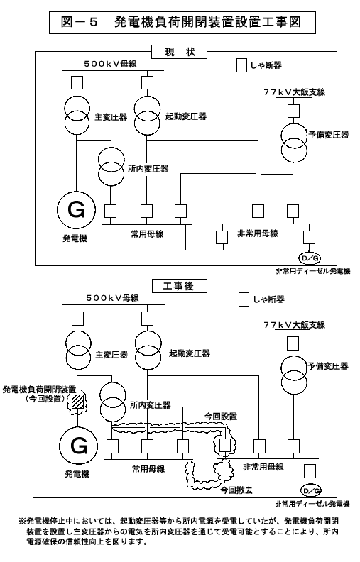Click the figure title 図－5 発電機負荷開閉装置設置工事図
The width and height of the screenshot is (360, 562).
pyautogui.click(x=182, y=23)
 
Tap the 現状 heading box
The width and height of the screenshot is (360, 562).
pyautogui.click(x=179, y=52)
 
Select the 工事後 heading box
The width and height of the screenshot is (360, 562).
pyautogui.click(x=179, y=286)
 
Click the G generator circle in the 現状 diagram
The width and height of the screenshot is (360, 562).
pyautogui.click(x=77, y=209)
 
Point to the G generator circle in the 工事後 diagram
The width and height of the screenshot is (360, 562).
pyautogui.click(x=79, y=446)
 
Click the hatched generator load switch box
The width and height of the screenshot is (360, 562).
pyautogui.click(x=78, y=402)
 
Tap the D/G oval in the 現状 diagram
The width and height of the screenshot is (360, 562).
pyautogui.click(x=310, y=258)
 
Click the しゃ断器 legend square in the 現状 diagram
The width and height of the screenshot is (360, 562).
pyautogui.click(x=241, y=65)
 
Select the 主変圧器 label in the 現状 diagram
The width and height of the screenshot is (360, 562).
pyautogui.click(x=111, y=117)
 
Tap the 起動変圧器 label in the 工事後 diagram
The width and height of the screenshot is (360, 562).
pyautogui.click(x=190, y=353)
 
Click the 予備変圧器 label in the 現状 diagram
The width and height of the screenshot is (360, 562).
pyautogui.click(x=329, y=135)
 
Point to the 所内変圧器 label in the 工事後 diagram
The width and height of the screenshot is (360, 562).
pyautogui.click(x=151, y=405)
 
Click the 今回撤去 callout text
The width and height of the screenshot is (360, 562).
pyautogui.click(x=236, y=490)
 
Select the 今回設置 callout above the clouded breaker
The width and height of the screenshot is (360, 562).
pyautogui.click(x=221, y=417)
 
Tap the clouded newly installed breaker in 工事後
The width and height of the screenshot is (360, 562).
pyautogui.click(x=225, y=445)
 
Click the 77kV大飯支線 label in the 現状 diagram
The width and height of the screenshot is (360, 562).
pyautogui.click(x=295, y=92)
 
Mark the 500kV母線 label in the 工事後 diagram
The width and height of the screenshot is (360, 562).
pyautogui.click(x=112, y=298)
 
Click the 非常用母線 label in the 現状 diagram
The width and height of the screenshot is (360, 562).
pyautogui.click(x=258, y=233)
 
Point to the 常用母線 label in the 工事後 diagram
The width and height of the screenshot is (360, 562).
pyautogui.click(x=148, y=469)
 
